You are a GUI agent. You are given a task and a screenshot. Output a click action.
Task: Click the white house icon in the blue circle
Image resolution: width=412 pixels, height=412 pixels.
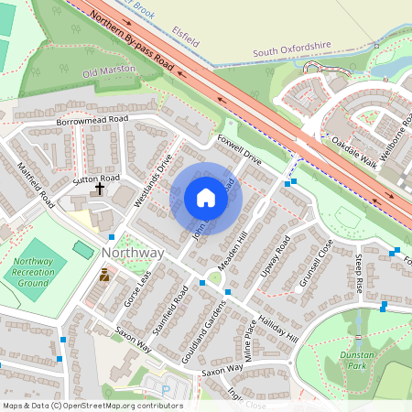206,198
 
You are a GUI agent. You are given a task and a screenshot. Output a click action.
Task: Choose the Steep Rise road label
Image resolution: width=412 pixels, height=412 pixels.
360,274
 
